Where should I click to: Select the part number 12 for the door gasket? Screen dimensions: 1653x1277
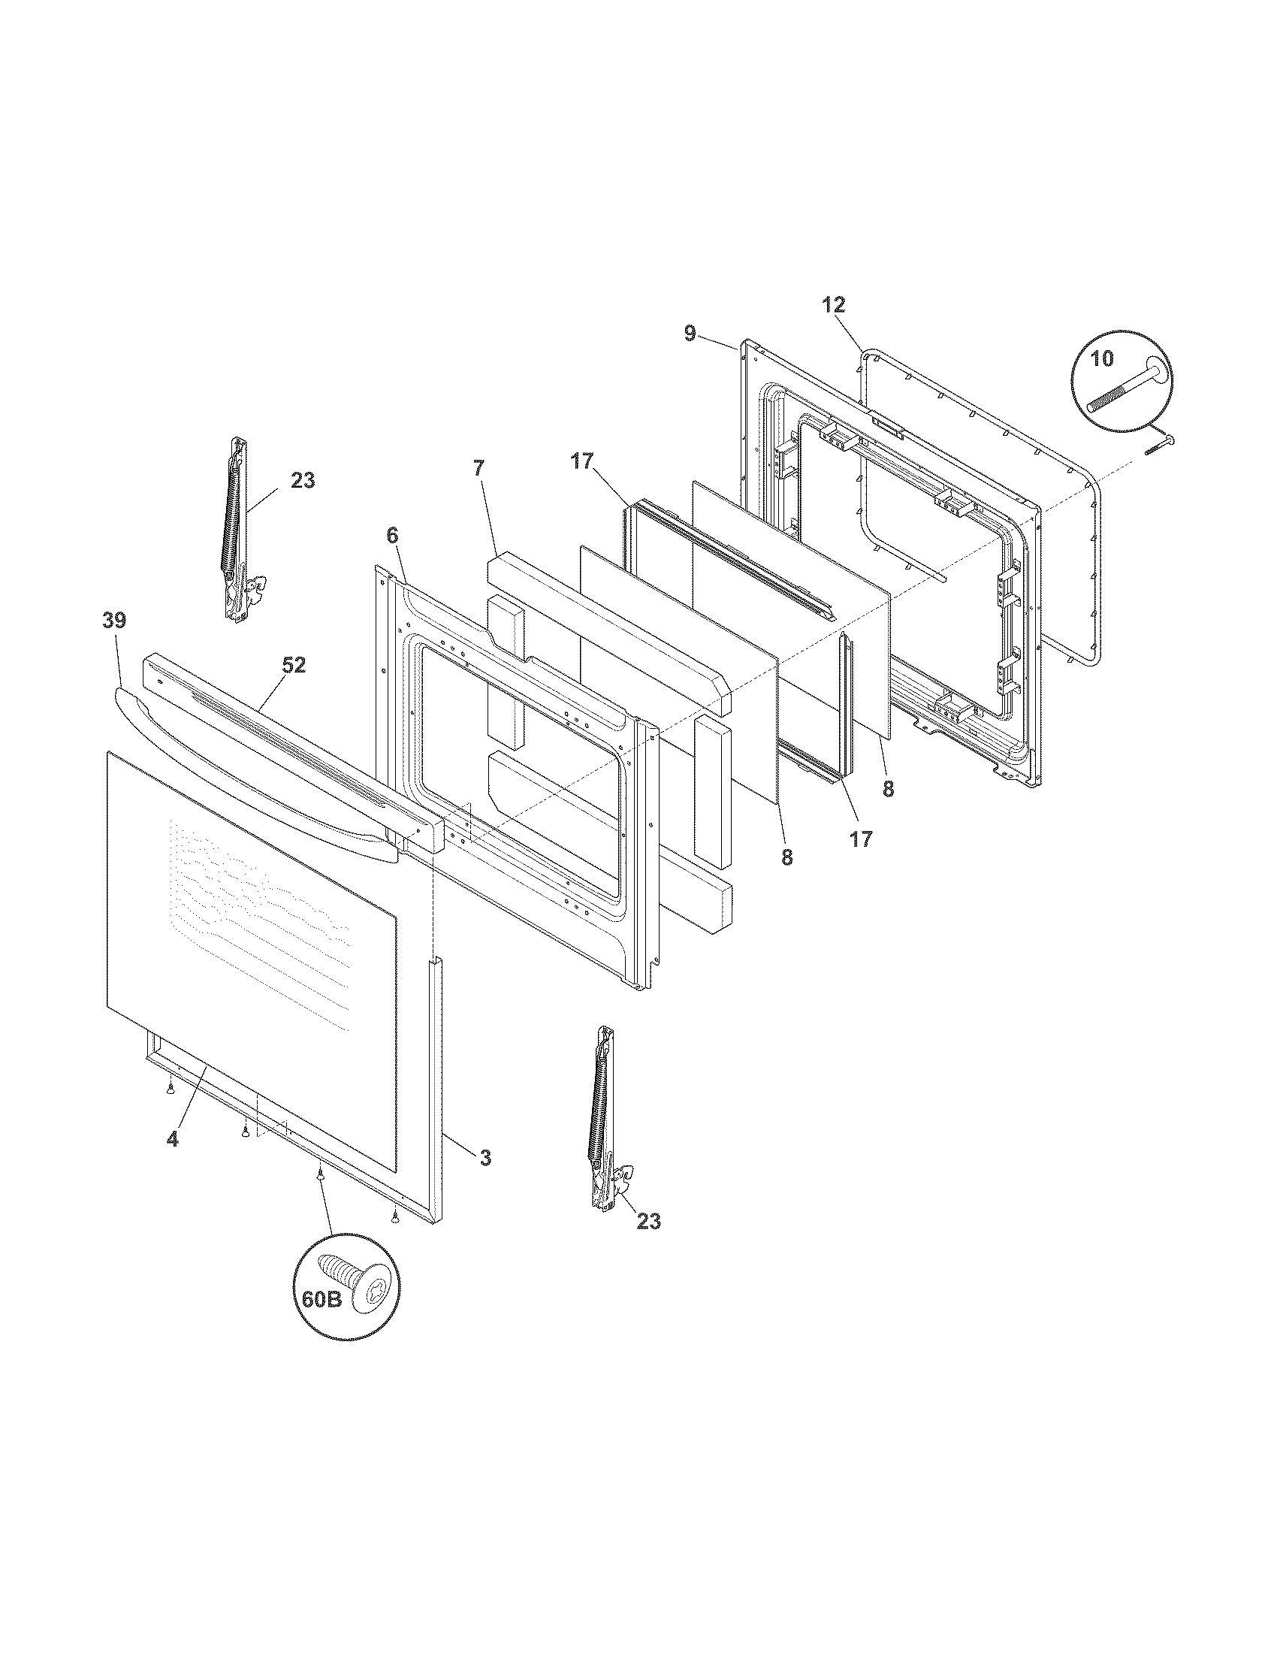(834, 305)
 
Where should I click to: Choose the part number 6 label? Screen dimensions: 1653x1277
(391, 535)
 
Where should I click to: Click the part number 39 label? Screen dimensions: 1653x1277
(115, 621)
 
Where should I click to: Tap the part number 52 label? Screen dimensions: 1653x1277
(294, 665)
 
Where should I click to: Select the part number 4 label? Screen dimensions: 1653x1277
(173, 1160)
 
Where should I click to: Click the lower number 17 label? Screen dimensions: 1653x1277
(861, 839)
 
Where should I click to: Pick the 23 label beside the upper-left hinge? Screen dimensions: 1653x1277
(303, 480)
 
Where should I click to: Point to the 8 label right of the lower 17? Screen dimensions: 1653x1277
(887, 790)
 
